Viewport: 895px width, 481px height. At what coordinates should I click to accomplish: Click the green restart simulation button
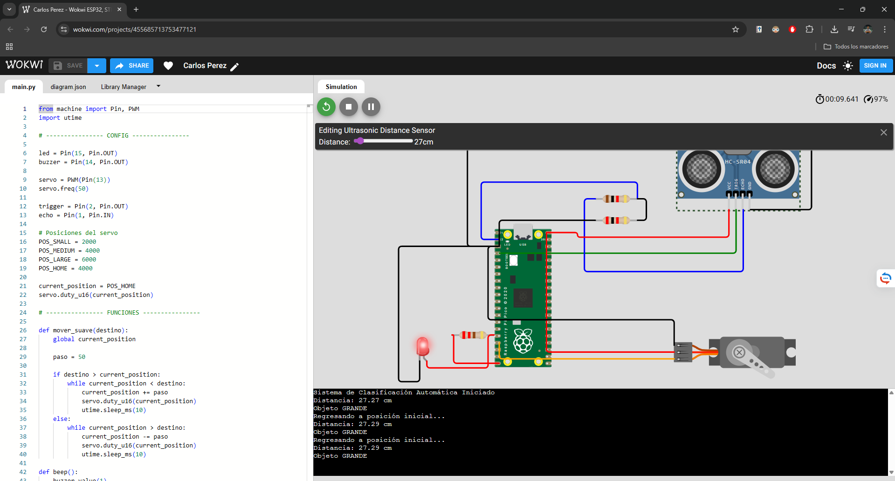[x=326, y=107]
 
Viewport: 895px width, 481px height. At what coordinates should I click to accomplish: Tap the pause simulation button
[x=371, y=107]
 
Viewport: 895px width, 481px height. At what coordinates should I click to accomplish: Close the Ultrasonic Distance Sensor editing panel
[x=883, y=132]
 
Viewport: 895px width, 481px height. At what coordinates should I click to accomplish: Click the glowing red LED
[x=422, y=346]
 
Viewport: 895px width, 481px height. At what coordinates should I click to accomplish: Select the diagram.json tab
[x=68, y=87]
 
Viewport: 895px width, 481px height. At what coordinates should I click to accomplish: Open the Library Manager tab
[x=124, y=87]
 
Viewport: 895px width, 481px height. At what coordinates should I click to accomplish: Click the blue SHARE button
[x=132, y=66]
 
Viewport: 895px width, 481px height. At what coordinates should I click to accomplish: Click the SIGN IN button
[x=875, y=66]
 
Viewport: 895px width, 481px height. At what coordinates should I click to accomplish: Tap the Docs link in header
[x=826, y=66]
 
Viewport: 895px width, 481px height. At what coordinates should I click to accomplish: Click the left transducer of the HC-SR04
[x=701, y=169]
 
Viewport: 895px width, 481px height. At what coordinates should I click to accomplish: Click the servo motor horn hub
[x=739, y=352]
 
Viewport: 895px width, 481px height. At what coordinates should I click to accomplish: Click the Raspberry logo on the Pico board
[x=523, y=341]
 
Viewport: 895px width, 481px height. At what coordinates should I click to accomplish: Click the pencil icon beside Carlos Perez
[x=234, y=67]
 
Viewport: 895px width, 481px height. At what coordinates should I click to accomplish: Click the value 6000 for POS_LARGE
[x=89, y=260]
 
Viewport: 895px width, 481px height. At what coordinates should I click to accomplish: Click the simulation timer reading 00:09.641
[x=841, y=99]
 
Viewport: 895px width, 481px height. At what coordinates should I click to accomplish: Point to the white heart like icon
[x=168, y=66]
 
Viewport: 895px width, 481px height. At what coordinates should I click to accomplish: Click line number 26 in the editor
[x=23, y=330]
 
